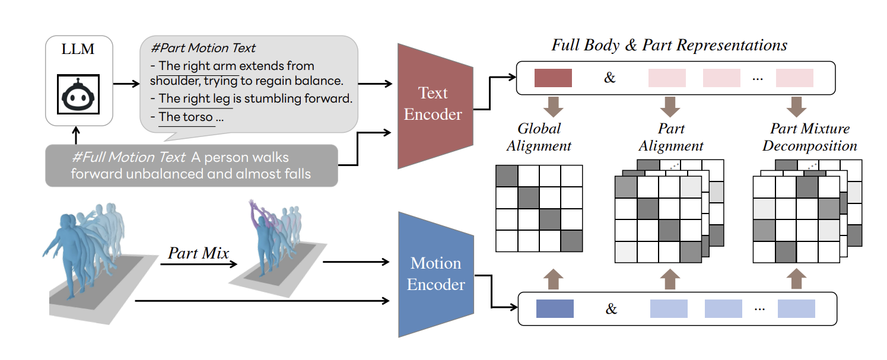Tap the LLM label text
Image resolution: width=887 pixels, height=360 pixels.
coord(78,49)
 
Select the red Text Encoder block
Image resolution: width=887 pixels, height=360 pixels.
coord(434,104)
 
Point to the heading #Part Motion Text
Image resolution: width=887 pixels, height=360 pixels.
coord(204,48)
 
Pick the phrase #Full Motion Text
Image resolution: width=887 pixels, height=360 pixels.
coord(128,158)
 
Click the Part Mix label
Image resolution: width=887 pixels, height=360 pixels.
coord(198,253)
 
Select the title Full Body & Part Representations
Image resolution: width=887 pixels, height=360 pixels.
coord(669,45)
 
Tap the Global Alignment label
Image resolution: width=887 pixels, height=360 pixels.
coord(539,137)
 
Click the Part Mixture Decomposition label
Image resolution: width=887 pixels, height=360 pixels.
coord(810,137)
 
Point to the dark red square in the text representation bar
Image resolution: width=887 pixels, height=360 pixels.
coord(553,78)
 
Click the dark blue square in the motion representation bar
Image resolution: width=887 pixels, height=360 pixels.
coord(555,308)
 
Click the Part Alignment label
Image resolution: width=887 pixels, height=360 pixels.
coord(672,137)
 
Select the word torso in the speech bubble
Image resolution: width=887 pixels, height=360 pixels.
coord(197,117)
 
